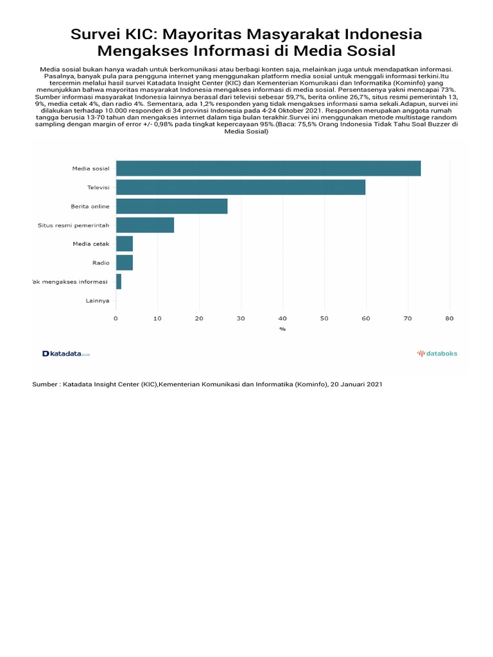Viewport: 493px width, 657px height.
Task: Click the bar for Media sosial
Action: (268, 169)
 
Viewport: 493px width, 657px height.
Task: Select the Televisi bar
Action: (241, 187)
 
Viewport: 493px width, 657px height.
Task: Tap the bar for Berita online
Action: (171, 206)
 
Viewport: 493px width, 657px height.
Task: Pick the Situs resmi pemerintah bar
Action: (145, 225)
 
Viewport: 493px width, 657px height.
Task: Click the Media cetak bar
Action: (125, 244)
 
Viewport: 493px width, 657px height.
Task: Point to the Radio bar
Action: (125, 262)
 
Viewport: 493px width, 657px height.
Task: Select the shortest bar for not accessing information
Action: (119, 281)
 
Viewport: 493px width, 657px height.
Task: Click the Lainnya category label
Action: (98, 300)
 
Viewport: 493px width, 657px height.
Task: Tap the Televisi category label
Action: (98, 187)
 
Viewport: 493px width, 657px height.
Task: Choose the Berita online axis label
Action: (90, 206)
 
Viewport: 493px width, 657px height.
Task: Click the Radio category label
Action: (101, 262)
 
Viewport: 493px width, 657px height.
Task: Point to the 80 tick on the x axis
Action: (449, 318)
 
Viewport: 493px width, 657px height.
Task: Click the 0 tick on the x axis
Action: (116, 318)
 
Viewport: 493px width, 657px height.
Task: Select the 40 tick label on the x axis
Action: (282, 318)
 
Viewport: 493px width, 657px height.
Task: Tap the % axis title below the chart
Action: (282, 328)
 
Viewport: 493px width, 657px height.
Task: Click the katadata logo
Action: (66, 354)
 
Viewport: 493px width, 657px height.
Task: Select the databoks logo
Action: (437, 354)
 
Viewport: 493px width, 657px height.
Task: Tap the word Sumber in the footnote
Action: (45, 384)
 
